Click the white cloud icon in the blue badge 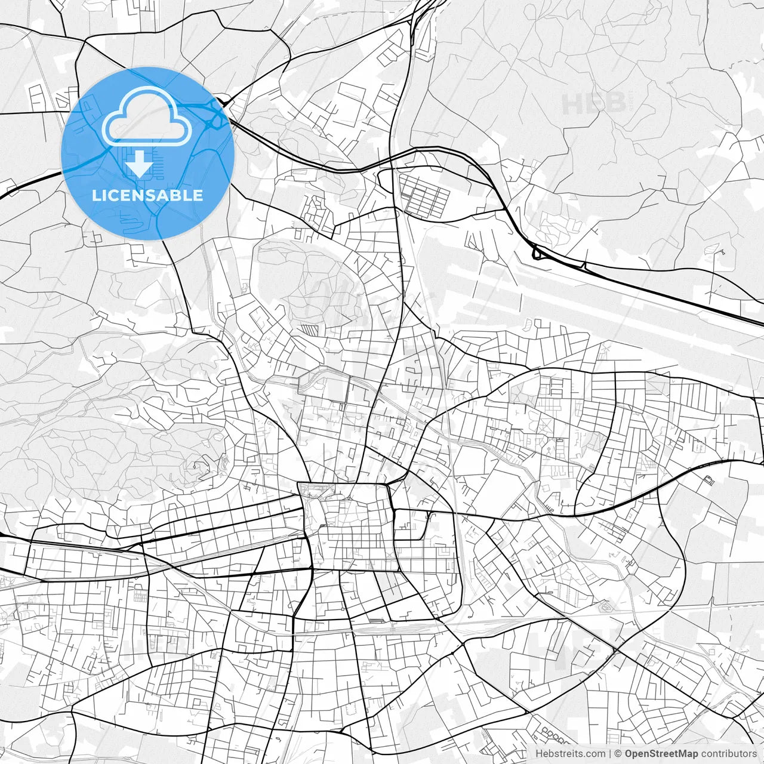[147, 117]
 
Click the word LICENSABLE [147, 195]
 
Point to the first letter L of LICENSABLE [96, 195]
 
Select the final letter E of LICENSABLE [198, 195]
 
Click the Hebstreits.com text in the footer [570, 754]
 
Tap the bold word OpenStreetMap [661, 754]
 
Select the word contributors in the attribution [729, 754]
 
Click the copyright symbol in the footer [618, 754]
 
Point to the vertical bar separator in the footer [610, 754]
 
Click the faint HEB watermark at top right [594, 103]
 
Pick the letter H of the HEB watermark [572, 103]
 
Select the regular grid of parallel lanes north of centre [423, 195]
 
